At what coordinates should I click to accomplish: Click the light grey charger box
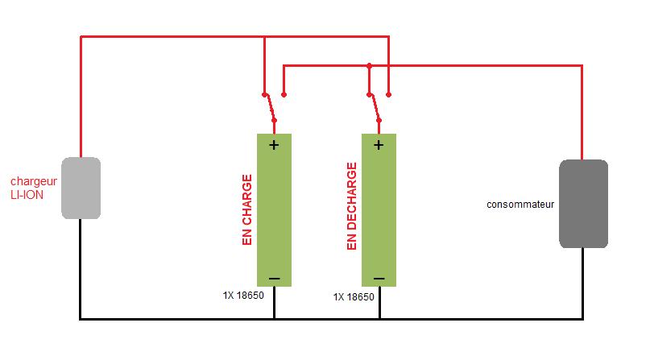81,188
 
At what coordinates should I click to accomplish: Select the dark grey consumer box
583,203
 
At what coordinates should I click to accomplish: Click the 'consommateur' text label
521,204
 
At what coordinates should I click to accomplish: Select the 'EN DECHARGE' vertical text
352,207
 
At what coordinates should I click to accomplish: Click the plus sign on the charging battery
274,145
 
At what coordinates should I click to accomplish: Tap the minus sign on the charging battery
274,279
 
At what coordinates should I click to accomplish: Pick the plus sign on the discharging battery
379,145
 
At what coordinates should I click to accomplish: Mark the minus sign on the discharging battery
379,279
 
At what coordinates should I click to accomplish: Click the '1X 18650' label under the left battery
243,296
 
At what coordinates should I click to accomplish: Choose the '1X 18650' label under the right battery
354,297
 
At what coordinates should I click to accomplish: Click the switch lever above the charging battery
270,106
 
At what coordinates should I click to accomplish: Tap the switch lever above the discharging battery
375,106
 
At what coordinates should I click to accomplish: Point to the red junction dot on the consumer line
369,65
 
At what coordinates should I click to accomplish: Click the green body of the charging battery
274,209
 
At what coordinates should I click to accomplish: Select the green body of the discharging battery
379,209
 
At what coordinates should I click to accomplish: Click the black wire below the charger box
81,266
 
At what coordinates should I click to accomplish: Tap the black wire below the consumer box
583,282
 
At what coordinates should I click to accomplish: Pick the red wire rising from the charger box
81,97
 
